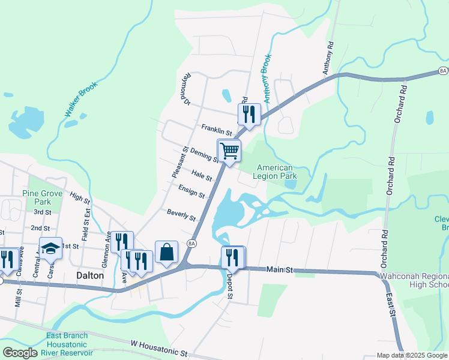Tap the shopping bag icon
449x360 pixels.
click(x=166, y=253)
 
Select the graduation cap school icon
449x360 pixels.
click(x=51, y=248)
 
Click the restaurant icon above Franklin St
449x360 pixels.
click(x=249, y=113)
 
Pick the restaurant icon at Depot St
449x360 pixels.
click(x=232, y=257)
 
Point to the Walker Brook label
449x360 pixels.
click(x=73, y=99)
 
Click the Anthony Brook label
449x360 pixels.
click(x=265, y=71)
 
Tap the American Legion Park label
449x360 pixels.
click(x=275, y=172)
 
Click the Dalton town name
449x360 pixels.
click(x=91, y=275)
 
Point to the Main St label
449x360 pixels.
click(x=280, y=271)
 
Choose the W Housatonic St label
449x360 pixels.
click(x=158, y=346)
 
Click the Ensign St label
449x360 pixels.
click(x=191, y=191)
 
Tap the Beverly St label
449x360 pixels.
click(x=181, y=215)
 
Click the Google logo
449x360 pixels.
click(x=20, y=353)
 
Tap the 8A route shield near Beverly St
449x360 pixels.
click(x=191, y=243)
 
